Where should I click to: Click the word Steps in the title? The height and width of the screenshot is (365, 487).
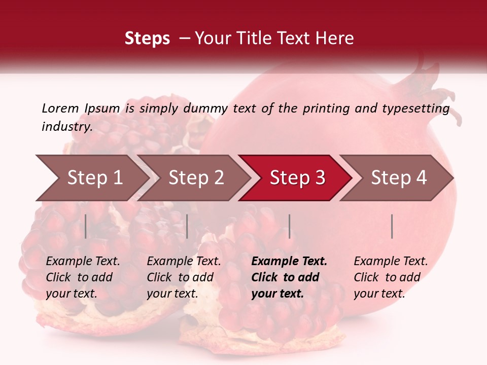click(147, 39)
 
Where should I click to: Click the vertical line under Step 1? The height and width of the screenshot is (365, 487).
click(86, 226)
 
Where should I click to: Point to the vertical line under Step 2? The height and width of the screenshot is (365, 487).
click(187, 226)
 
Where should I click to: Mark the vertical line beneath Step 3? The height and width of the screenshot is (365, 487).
click(289, 226)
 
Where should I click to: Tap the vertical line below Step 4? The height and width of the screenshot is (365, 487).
click(392, 226)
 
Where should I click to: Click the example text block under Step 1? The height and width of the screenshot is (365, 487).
click(83, 277)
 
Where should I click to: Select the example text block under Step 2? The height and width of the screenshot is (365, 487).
click(184, 277)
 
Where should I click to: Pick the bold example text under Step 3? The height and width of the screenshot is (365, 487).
click(289, 277)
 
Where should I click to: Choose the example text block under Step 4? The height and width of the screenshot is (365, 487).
click(391, 277)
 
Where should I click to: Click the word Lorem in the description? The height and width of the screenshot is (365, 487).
click(60, 108)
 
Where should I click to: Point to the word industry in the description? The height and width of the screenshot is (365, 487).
click(66, 127)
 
